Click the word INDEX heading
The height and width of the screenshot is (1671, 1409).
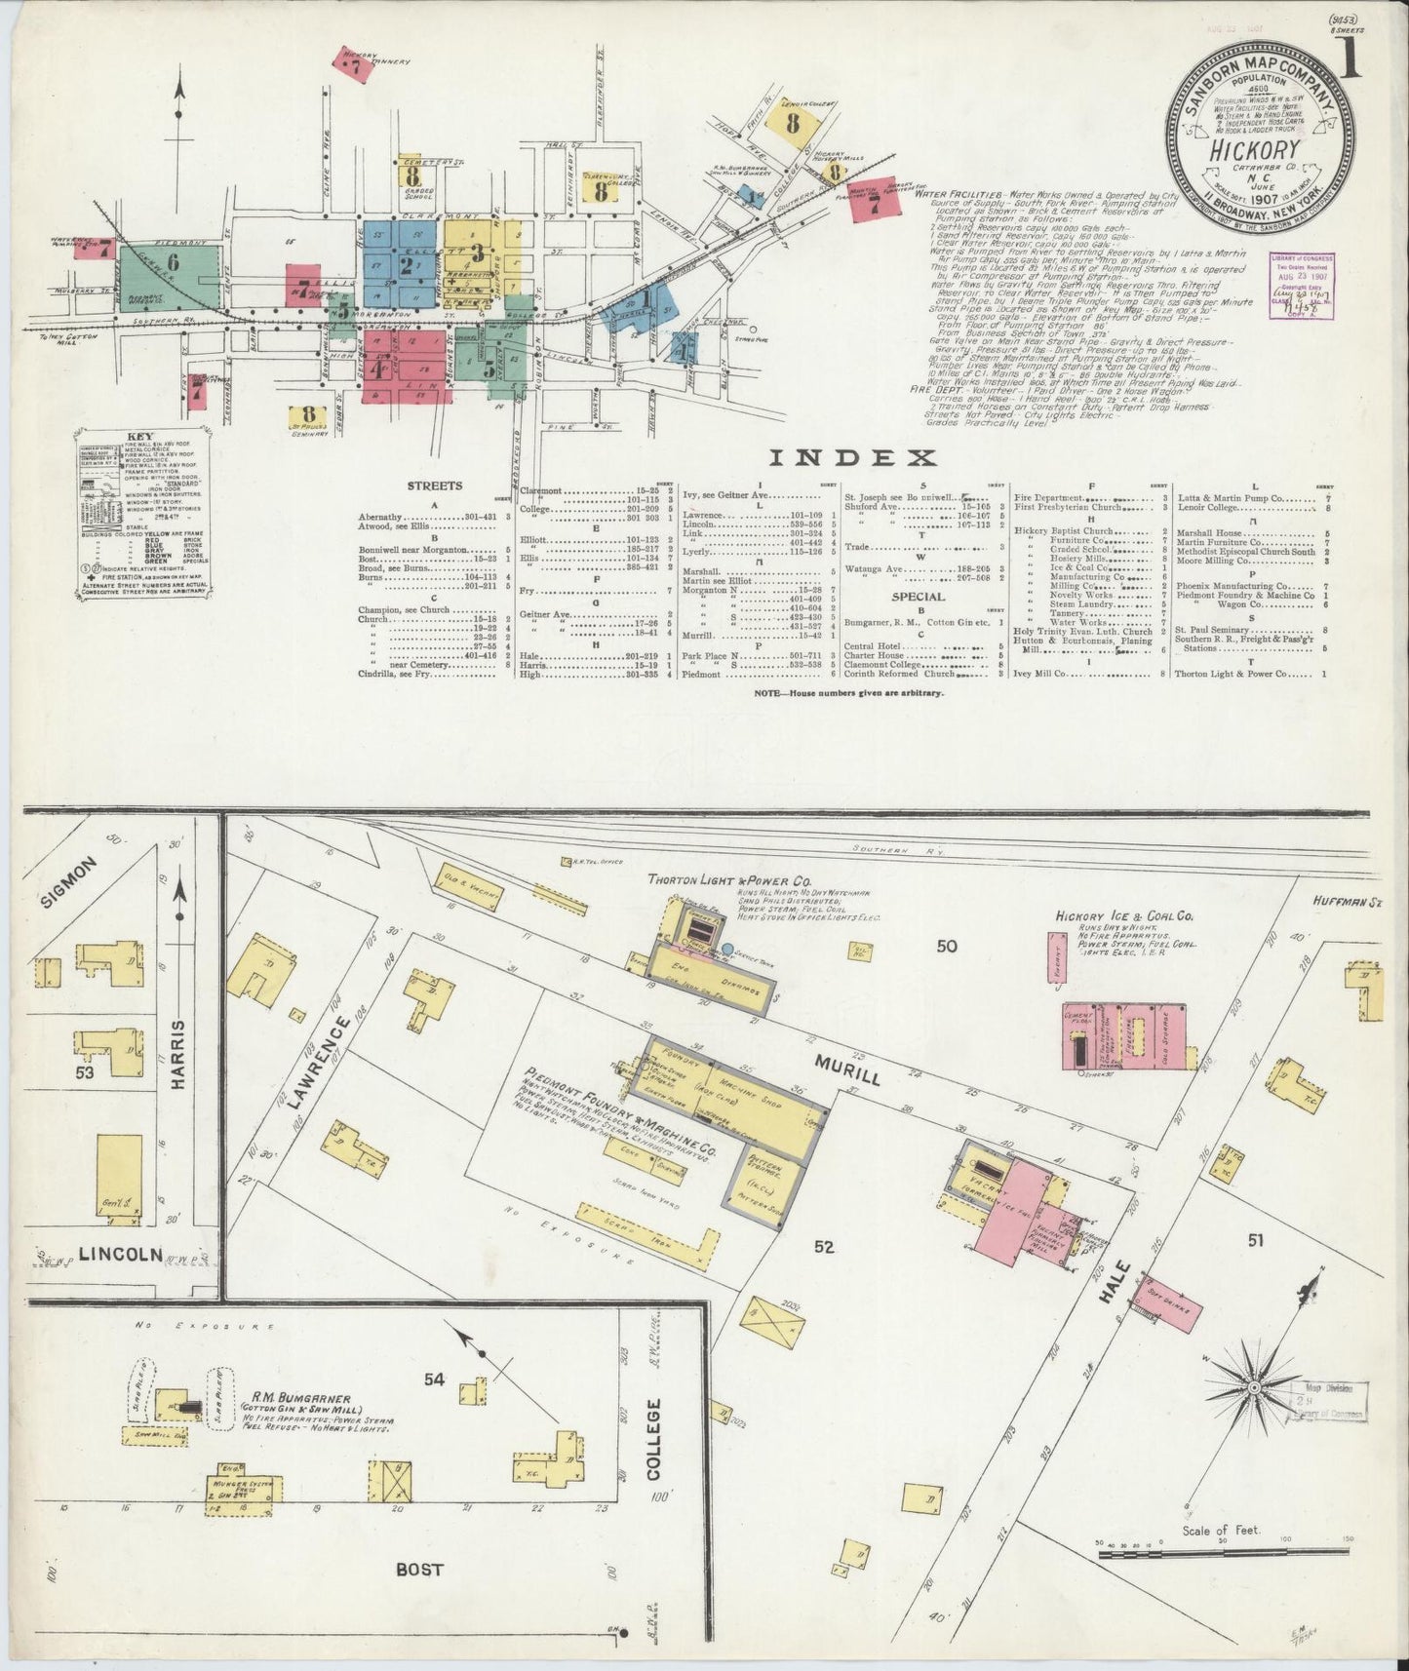coord(852,458)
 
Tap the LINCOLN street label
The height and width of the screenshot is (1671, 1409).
coord(121,1255)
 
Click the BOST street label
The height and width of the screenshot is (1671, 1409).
coord(419,1569)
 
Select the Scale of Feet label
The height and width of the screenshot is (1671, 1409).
coord(1222,1530)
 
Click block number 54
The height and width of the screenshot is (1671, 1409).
coord(434,1379)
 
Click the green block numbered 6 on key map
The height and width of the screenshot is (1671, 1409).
coord(173,261)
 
